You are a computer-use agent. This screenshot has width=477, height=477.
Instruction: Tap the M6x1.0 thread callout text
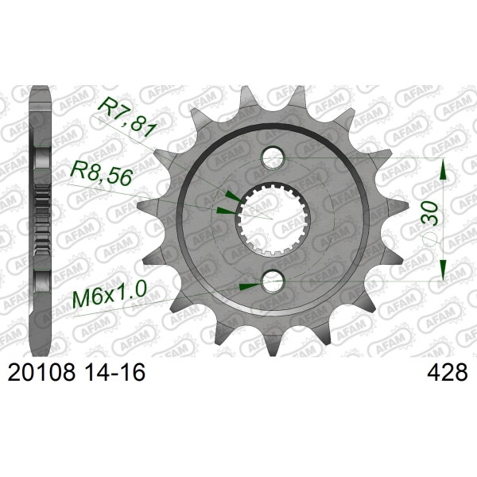[x=110, y=295]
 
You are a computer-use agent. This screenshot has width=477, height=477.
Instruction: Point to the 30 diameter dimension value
[x=429, y=213]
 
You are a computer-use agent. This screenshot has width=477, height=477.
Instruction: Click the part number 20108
[x=41, y=373]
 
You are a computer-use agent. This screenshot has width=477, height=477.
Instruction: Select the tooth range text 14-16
[x=114, y=373]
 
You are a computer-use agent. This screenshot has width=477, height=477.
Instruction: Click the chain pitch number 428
[x=447, y=373]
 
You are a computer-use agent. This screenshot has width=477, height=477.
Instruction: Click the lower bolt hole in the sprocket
[x=273, y=281]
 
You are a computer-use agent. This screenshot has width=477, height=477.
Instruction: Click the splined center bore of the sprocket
[x=273, y=219]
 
